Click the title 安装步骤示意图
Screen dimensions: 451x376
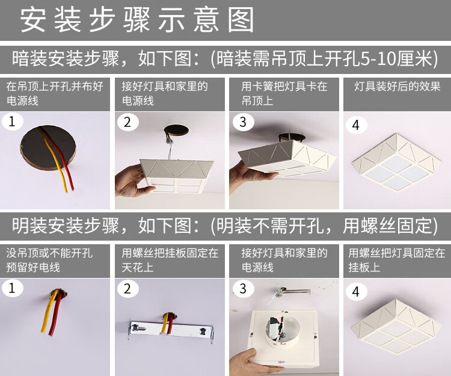[x=137, y=20]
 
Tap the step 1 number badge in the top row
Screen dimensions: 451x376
[x=13, y=122]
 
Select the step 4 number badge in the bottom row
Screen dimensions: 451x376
[x=356, y=292]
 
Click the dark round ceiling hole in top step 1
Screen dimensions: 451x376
[x=48, y=147]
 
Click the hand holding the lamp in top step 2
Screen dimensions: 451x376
[x=132, y=180]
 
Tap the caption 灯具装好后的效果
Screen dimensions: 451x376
[x=397, y=86]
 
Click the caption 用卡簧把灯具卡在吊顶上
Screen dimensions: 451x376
[x=284, y=93]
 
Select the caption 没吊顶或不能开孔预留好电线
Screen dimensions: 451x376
[x=49, y=260]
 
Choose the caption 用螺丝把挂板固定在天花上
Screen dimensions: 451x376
[x=170, y=260]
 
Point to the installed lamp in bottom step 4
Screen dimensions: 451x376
[x=396, y=327]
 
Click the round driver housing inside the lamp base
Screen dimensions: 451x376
[x=282, y=331]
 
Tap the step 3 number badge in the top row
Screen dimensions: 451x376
[x=244, y=122]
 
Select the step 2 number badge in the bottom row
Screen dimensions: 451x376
[x=128, y=289]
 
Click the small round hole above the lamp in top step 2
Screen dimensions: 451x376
[x=176, y=131]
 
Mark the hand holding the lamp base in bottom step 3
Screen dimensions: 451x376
[x=253, y=362]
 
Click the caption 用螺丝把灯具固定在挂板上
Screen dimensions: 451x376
[x=397, y=260]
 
